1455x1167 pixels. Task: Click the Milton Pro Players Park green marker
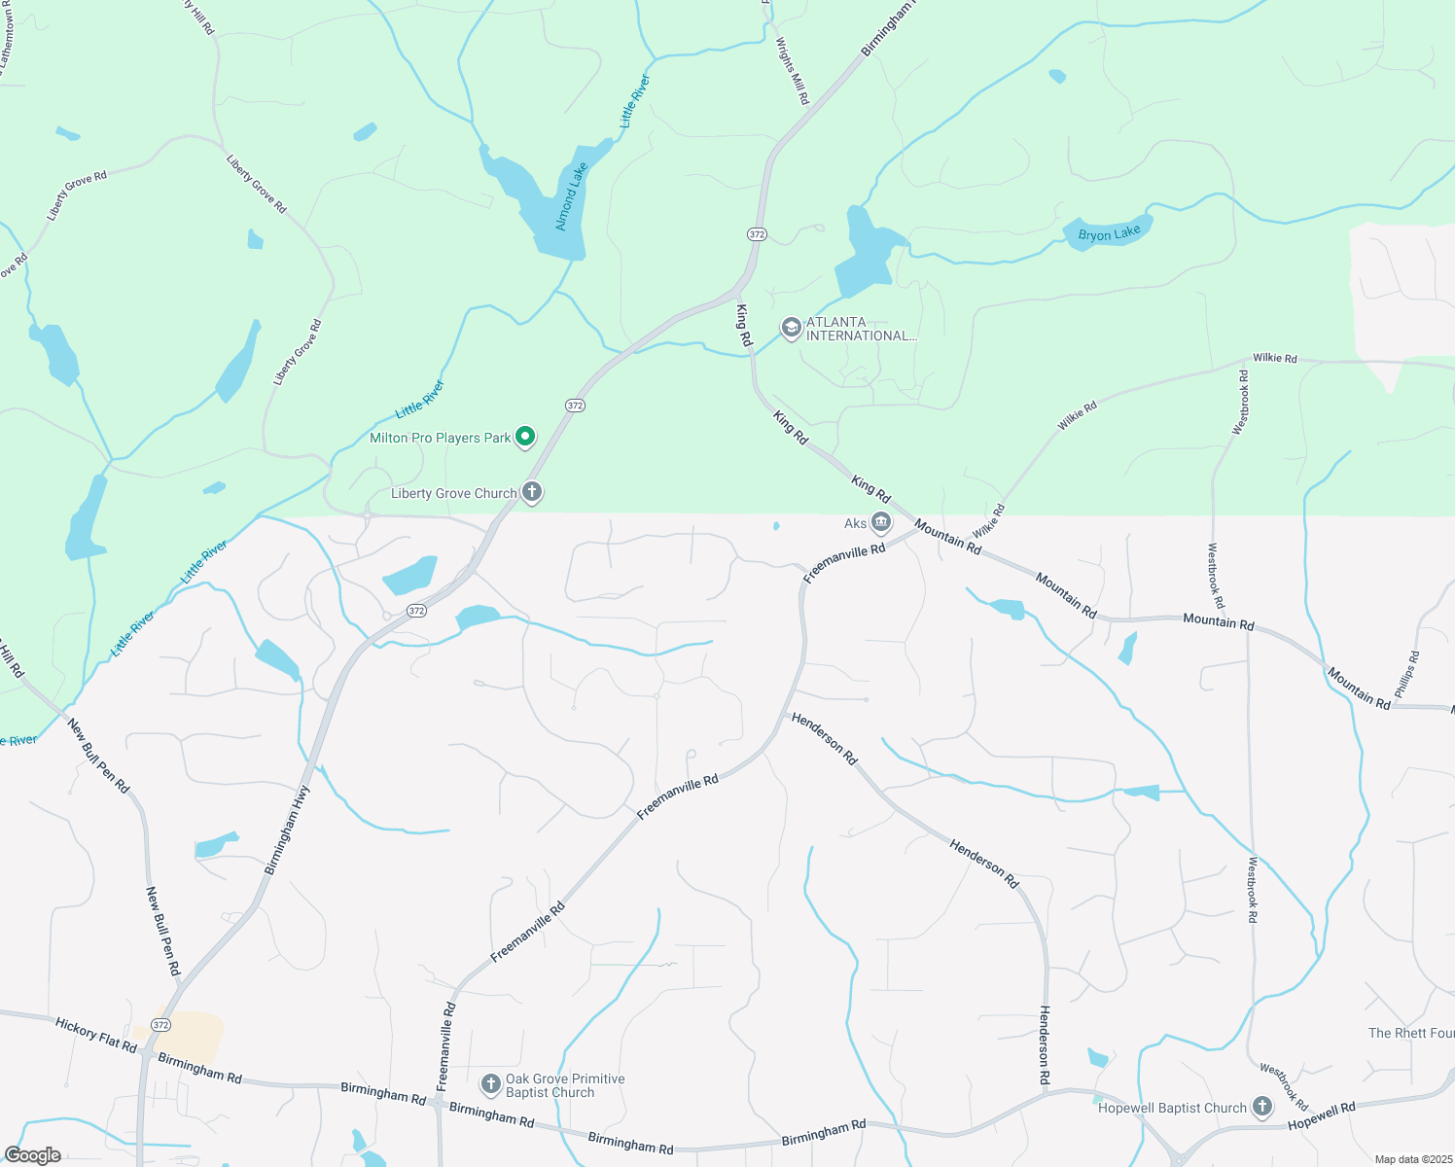pyautogui.click(x=525, y=438)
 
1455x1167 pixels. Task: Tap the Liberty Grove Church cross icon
pyautogui.click(x=532, y=492)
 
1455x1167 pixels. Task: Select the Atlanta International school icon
pyautogui.click(x=792, y=328)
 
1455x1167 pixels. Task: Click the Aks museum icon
pyautogui.click(x=881, y=523)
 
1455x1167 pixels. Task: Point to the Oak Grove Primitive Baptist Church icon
pyautogui.click(x=491, y=1083)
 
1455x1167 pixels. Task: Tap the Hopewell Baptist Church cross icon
pyautogui.click(x=1262, y=1107)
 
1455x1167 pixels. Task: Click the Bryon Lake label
pyautogui.click(x=1109, y=234)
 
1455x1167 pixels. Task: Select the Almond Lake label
pyautogui.click(x=571, y=196)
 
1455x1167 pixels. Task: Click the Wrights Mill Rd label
pyautogui.click(x=792, y=71)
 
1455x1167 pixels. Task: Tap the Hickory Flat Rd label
pyautogui.click(x=96, y=1035)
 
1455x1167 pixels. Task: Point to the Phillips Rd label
pyautogui.click(x=1406, y=674)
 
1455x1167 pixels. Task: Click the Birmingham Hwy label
pyautogui.click(x=288, y=830)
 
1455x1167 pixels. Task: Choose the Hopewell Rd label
pyautogui.click(x=1321, y=1116)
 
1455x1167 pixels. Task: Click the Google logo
pyautogui.click(x=32, y=1155)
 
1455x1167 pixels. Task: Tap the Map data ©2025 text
pyautogui.click(x=1412, y=1159)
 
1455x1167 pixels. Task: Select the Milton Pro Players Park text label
pyautogui.click(x=440, y=438)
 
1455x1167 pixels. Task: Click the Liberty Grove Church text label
pyautogui.click(x=453, y=493)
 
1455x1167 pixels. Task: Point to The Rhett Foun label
pyautogui.click(x=1410, y=1033)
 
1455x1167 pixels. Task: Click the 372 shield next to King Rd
pyautogui.click(x=758, y=234)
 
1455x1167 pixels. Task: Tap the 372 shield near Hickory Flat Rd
pyautogui.click(x=161, y=1025)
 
